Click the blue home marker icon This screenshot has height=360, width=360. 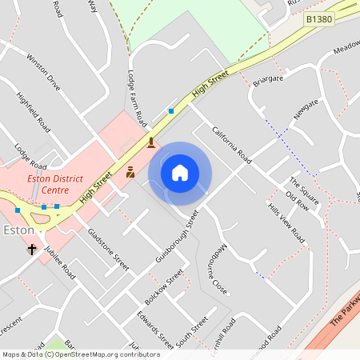click(x=180, y=172)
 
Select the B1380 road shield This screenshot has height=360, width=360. click(x=319, y=18)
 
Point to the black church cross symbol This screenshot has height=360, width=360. click(x=32, y=250)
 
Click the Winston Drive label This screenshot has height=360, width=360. click(x=43, y=71)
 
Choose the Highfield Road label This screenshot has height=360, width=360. click(x=34, y=111)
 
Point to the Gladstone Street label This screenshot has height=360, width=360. click(x=108, y=248)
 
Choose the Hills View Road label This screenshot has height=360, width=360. click(x=287, y=223)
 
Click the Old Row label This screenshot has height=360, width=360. click(x=297, y=202)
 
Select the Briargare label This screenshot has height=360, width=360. click(x=268, y=80)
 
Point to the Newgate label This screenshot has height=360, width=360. click(x=306, y=109)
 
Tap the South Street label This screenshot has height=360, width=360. click(x=191, y=332)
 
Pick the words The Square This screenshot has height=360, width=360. click(x=304, y=189)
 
